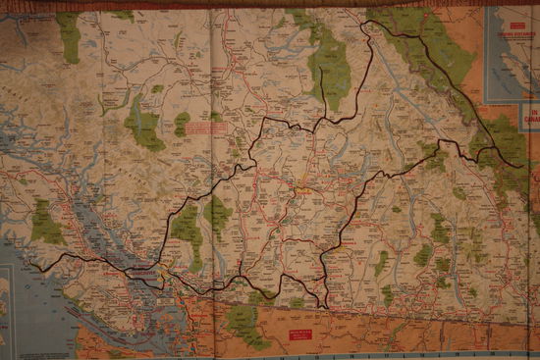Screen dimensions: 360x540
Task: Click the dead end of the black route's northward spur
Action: [321, 72]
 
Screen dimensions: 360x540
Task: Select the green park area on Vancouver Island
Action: [45, 224]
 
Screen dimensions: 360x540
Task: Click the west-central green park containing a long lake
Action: [143, 123]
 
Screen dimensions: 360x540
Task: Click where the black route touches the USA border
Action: [323, 305]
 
